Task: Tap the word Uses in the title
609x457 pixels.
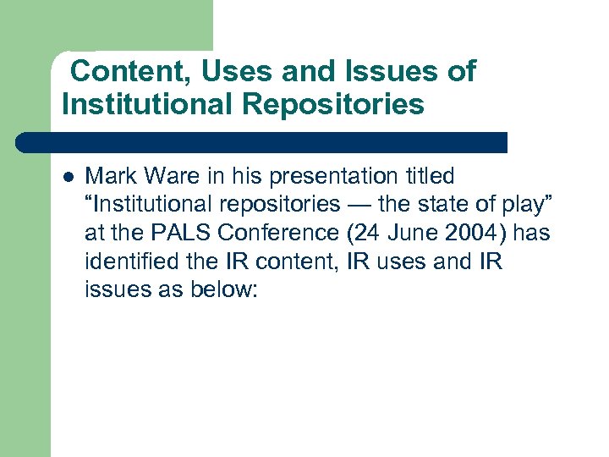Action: (x=239, y=72)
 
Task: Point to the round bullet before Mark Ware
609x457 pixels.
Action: (x=68, y=178)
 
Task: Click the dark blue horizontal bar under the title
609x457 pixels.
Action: (x=262, y=142)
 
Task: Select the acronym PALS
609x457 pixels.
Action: (x=189, y=234)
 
